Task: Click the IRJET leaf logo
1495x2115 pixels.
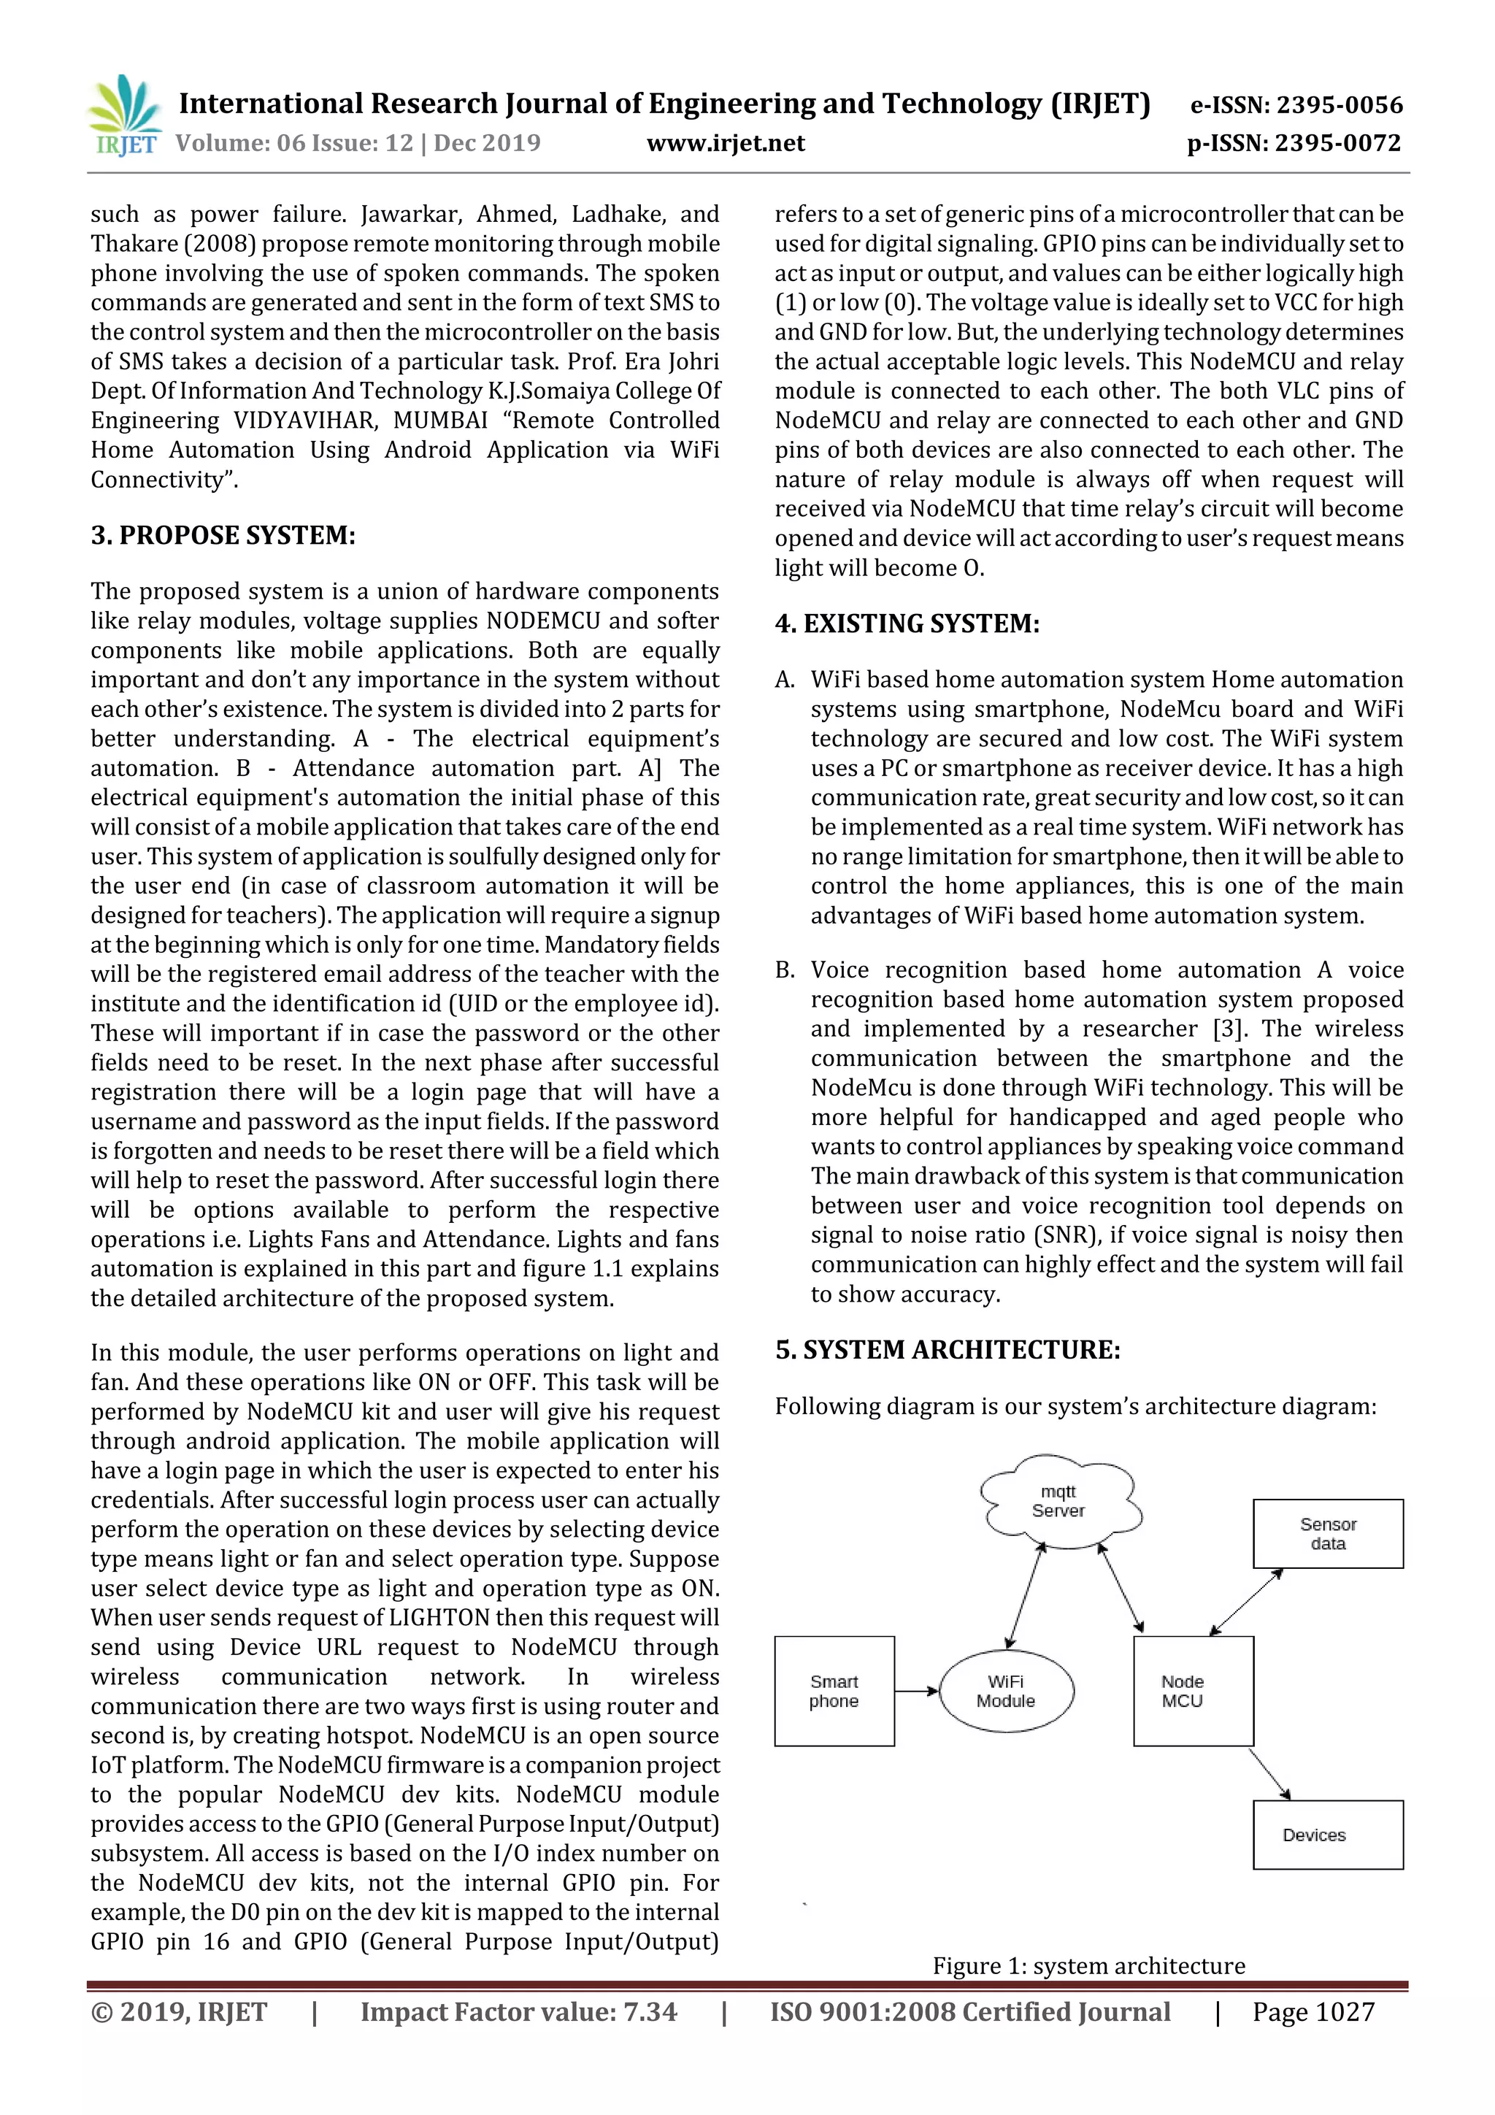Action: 124,115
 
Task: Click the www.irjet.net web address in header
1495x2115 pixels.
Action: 725,144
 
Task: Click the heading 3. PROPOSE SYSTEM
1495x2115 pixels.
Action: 223,535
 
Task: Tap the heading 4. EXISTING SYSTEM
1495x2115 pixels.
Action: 907,623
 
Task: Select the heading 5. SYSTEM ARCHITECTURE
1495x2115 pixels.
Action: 947,1351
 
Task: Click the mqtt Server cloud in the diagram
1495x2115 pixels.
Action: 1058,1502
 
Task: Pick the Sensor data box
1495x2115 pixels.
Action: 1327,1534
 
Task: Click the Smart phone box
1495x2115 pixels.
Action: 834,1692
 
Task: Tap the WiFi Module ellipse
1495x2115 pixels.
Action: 1006,1692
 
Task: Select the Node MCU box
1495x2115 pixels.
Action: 1192,1692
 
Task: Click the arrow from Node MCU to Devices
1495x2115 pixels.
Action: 1269,1773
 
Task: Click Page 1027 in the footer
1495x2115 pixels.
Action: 1313,2012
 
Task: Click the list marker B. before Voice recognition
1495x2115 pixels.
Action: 785,970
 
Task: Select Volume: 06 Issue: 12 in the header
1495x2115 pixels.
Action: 295,144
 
